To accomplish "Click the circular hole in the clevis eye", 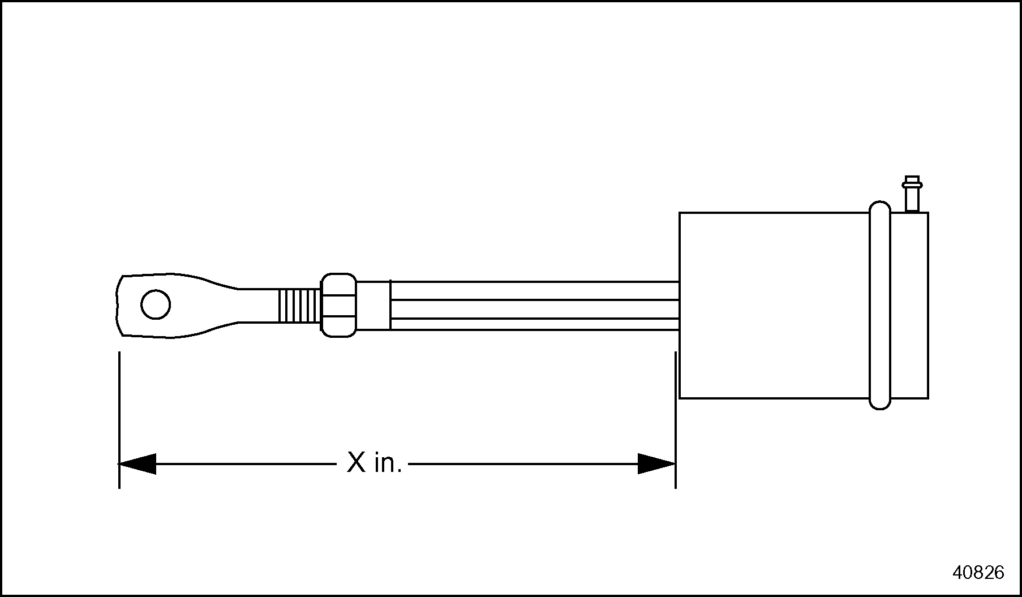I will pos(156,305).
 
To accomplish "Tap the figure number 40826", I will pos(978,573).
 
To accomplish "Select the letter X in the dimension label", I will pos(357,463).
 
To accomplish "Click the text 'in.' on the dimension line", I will pos(388,463).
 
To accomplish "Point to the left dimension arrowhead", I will pos(137,463).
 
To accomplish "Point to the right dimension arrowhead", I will pos(656,463).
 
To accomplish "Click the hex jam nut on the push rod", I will pos(339,306).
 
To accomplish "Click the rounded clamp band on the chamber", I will pos(879,306).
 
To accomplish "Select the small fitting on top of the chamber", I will pos(912,198).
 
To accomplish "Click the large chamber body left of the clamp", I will pos(773,306).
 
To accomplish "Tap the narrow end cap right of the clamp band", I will pos(909,306).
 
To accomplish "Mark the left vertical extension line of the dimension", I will pos(119,419).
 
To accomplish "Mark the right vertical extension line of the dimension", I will pos(676,419).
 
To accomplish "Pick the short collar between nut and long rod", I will pos(373,306).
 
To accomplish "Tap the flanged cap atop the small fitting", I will pos(912,183).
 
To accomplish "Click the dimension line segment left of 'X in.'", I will pos(243,463).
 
